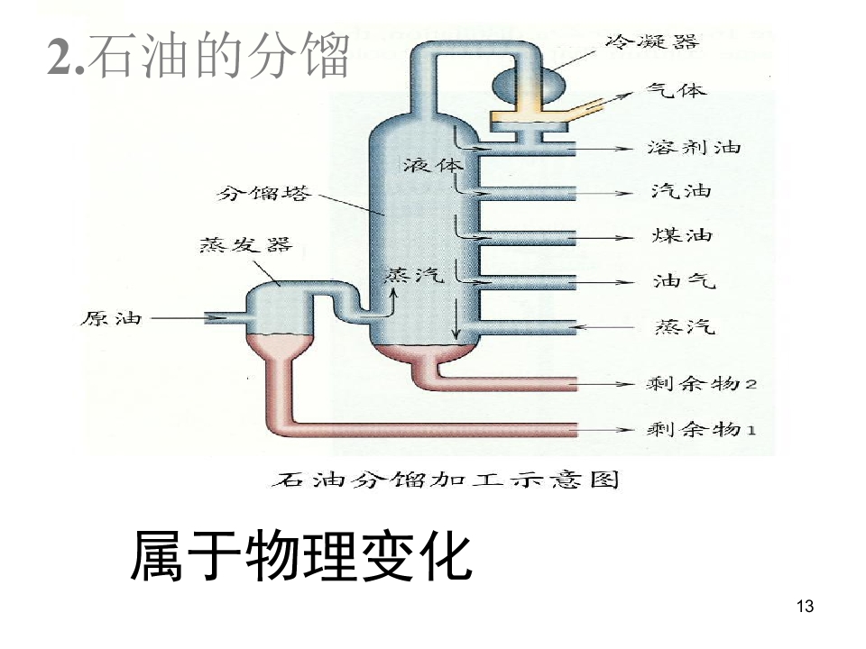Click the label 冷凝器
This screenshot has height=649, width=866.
pyautogui.click(x=651, y=41)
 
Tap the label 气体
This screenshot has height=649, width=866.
pyautogui.click(x=677, y=90)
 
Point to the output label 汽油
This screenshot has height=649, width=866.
pyautogui.click(x=681, y=191)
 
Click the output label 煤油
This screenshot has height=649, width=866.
pyautogui.click(x=682, y=235)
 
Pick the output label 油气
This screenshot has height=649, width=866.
pyautogui.click(x=685, y=281)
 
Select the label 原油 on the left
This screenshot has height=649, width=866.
pyautogui.click(x=111, y=318)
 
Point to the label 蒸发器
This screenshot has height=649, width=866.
pyautogui.click(x=245, y=244)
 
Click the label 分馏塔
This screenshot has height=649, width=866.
pyautogui.click(x=263, y=194)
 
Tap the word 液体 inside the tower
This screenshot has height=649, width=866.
pyautogui.click(x=433, y=164)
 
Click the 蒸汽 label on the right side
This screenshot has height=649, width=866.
pyautogui.click(x=686, y=327)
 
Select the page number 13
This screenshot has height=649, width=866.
pyautogui.click(x=806, y=606)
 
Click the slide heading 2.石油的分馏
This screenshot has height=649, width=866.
pyautogui.click(x=198, y=55)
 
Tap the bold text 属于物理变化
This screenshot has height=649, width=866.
pyautogui.click(x=301, y=555)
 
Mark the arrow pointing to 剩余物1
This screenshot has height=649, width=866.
pyautogui.click(x=604, y=429)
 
